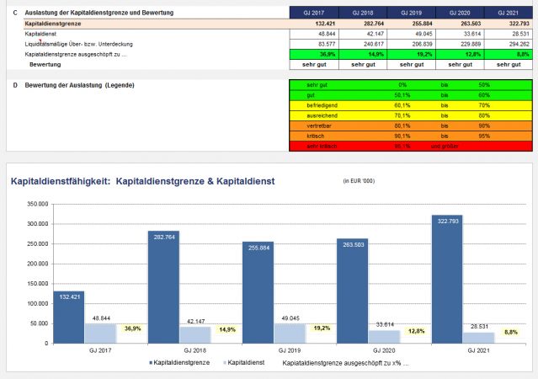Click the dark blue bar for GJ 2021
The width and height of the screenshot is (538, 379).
pos(446,279)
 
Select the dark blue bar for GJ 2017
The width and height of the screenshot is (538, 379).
pos(69,317)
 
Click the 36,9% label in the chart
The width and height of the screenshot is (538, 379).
pos(132,329)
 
